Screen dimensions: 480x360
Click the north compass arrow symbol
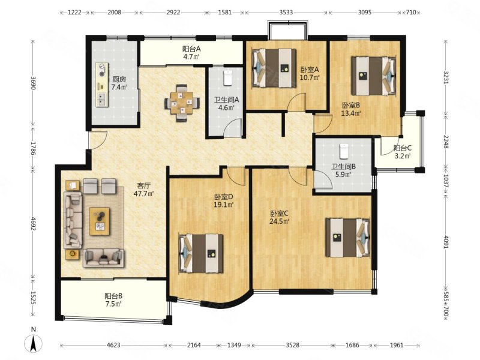34,343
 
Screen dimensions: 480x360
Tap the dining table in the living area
182,103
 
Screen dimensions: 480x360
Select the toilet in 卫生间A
228,78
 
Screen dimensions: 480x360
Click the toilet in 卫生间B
344,151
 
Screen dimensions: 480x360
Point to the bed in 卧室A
274,68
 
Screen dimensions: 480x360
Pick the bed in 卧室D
201,253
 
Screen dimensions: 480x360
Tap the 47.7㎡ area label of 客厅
143,193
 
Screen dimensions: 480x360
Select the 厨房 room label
119,79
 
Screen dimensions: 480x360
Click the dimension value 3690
33,83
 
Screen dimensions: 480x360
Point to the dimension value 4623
113,346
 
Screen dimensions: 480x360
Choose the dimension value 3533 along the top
286,12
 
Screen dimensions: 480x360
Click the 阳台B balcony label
113,296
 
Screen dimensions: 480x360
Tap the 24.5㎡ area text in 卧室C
280,221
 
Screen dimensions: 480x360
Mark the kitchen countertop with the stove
102,85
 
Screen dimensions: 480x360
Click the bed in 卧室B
374,76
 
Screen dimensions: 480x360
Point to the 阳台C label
403,148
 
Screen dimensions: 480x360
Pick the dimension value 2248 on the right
446,142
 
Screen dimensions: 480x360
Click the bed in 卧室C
348,237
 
